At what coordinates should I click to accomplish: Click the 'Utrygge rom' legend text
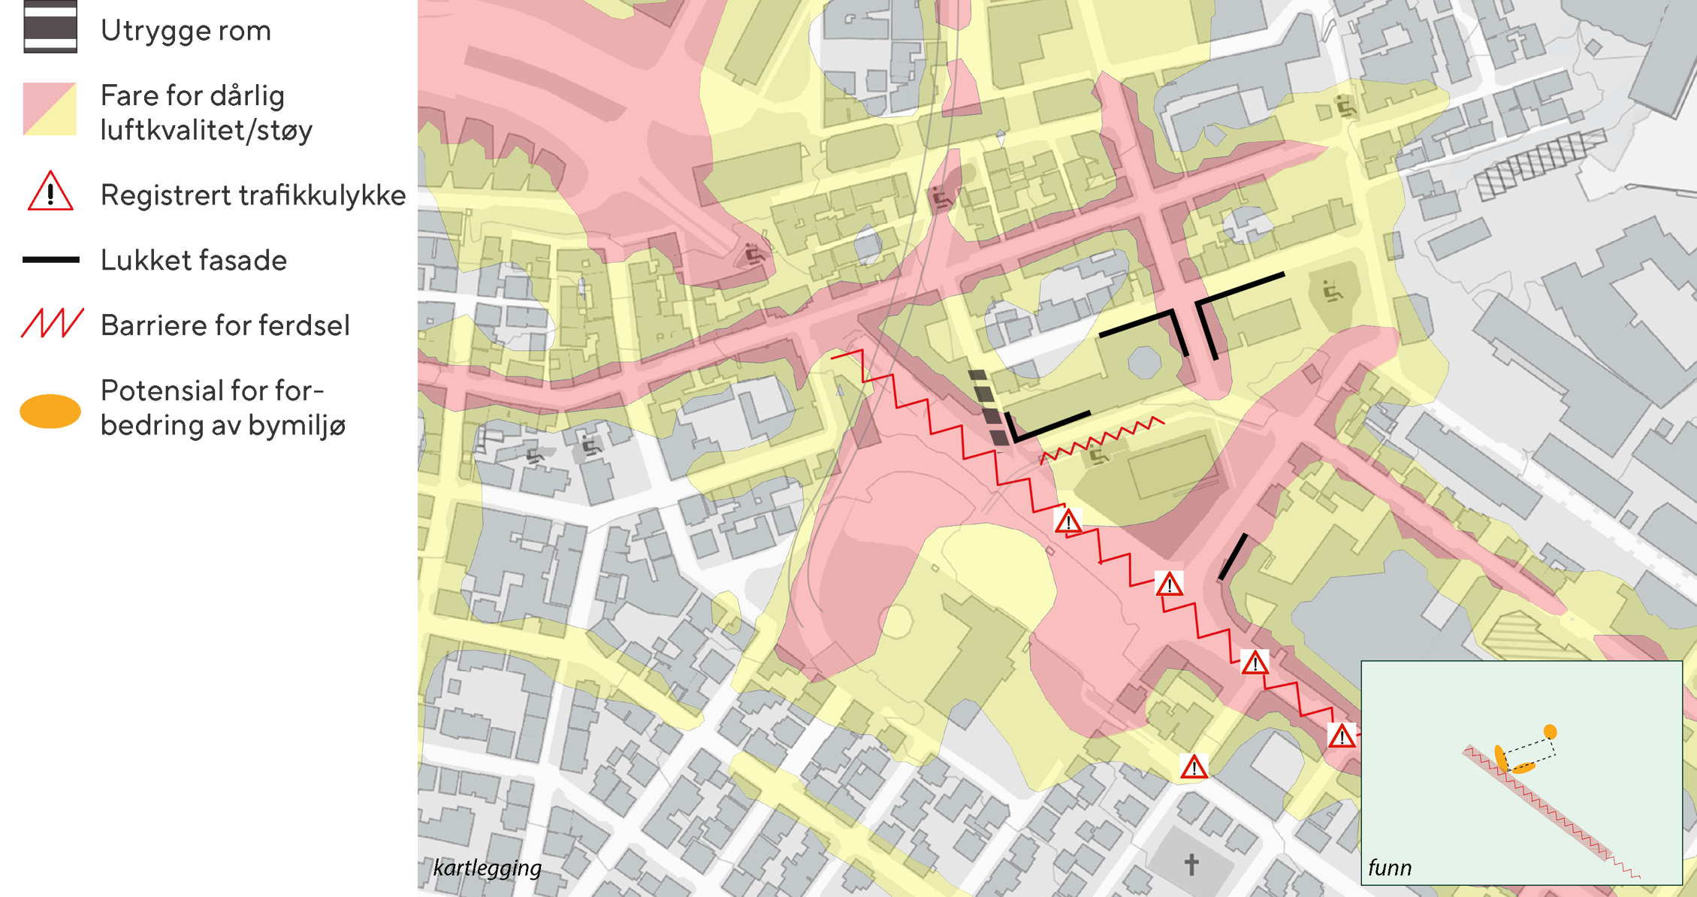pos(185,32)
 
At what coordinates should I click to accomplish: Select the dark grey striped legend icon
pos(50,28)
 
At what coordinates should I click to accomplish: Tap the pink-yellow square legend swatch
pos(50,109)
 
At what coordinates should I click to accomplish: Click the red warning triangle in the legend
pos(50,192)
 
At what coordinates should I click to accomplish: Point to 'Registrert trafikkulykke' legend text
pos(253,195)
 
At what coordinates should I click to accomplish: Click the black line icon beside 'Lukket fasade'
pos(50,260)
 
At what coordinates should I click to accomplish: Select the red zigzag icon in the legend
pos(51,324)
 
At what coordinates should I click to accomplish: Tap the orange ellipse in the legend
pos(50,411)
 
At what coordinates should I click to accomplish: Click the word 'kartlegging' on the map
pos(487,868)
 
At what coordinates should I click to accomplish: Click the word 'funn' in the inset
pos(1390,868)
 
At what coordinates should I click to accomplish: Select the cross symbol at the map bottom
pos(1191,865)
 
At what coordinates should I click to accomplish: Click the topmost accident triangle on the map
pos(1068,521)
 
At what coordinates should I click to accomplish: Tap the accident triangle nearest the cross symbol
pos(1194,768)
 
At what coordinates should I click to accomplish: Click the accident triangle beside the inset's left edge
pos(1342,736)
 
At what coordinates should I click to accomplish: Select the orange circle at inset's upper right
pos(1550,732)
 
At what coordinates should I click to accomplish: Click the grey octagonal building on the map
pos(1144,361)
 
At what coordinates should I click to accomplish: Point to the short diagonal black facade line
pos(1233,557)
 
